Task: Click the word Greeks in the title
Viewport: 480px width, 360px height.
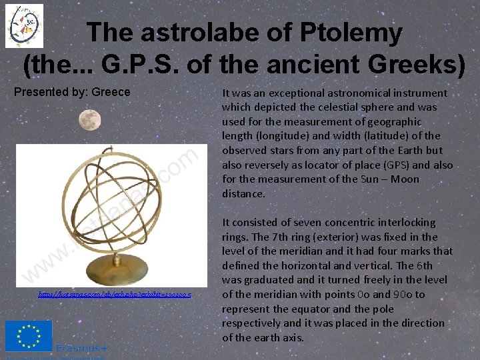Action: pos(414,65)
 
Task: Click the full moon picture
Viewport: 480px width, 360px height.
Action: pos(89,121)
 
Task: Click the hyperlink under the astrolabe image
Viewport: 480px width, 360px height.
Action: pos(115,294)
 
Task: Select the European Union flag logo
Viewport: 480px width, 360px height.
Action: pos(28,336)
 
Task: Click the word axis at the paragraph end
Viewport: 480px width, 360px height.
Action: pos(293,337)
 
